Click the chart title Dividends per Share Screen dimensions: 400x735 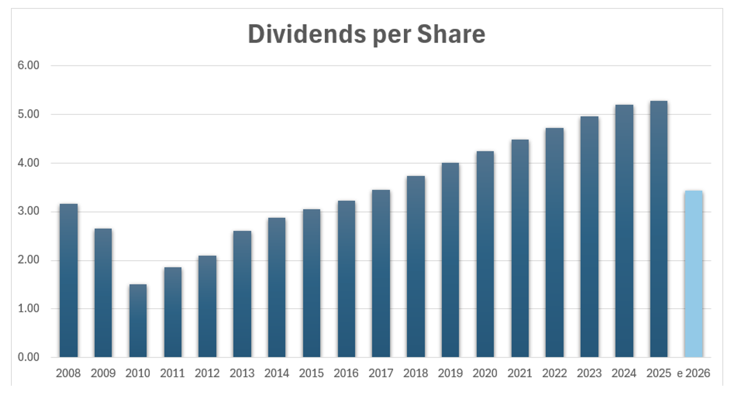pos(366,34)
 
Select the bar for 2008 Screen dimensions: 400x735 pos(68,280)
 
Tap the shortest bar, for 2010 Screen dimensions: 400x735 pos(138,321)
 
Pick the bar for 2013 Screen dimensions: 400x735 pos(242,294)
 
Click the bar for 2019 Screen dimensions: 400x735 pos(450,260)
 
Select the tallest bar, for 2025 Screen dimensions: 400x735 pos(658,229)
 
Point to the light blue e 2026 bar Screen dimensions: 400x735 pos(693,274)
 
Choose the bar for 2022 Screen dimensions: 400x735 pos(554,243)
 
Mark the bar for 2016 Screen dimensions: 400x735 pos(346,279)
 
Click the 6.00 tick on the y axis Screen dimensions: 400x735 pos(28,65)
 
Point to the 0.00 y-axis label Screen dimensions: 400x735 pos(28,357)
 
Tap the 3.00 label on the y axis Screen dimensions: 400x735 pos(28,211)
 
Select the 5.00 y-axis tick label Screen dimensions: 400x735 pos(28,114)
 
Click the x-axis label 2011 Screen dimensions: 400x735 pos(172,373)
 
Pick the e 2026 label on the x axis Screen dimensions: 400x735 pos(693,373)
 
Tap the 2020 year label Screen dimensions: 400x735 pos(485,373)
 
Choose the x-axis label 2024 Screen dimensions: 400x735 pos(624,373)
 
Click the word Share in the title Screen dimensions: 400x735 pos(451,34)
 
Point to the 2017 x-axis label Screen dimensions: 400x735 pos(381,373)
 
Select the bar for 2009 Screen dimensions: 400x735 pos(103,293)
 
